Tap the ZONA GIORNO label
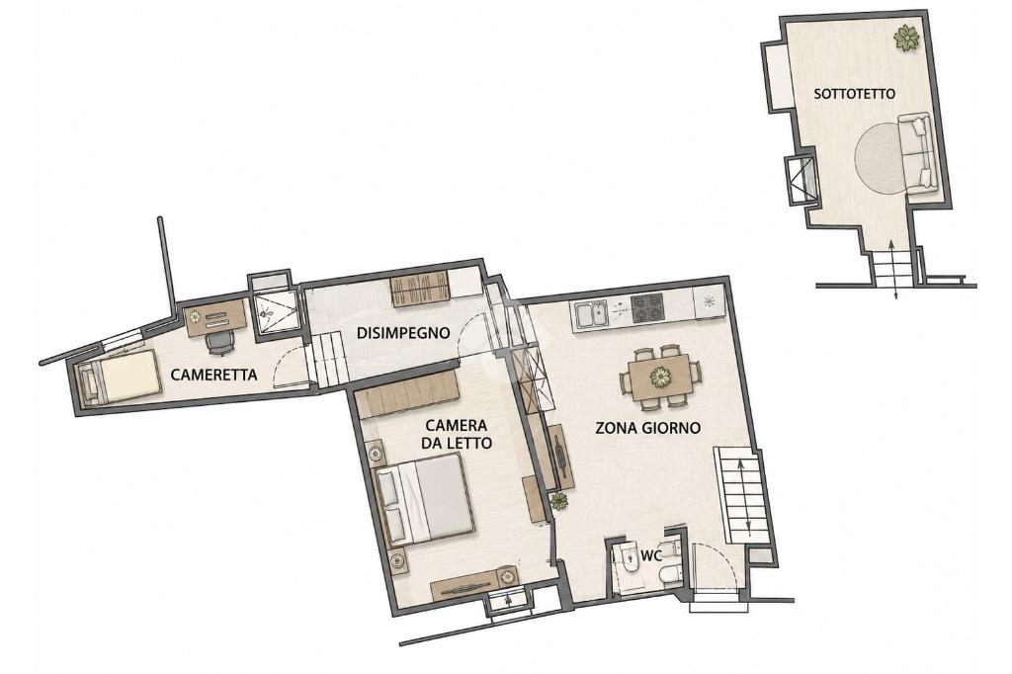pos(647,427)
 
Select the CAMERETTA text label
pos(213,375)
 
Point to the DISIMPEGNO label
pos(403,333)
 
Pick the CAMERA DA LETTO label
pos(456,435)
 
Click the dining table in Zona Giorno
pos(661,377)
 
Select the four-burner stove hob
pos(646,307)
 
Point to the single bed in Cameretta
pos(119,379)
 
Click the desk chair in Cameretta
pos(219,343)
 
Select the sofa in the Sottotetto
pos(916,152)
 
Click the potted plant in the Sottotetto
pos(907,37)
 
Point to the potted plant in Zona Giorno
pos(559,500)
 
